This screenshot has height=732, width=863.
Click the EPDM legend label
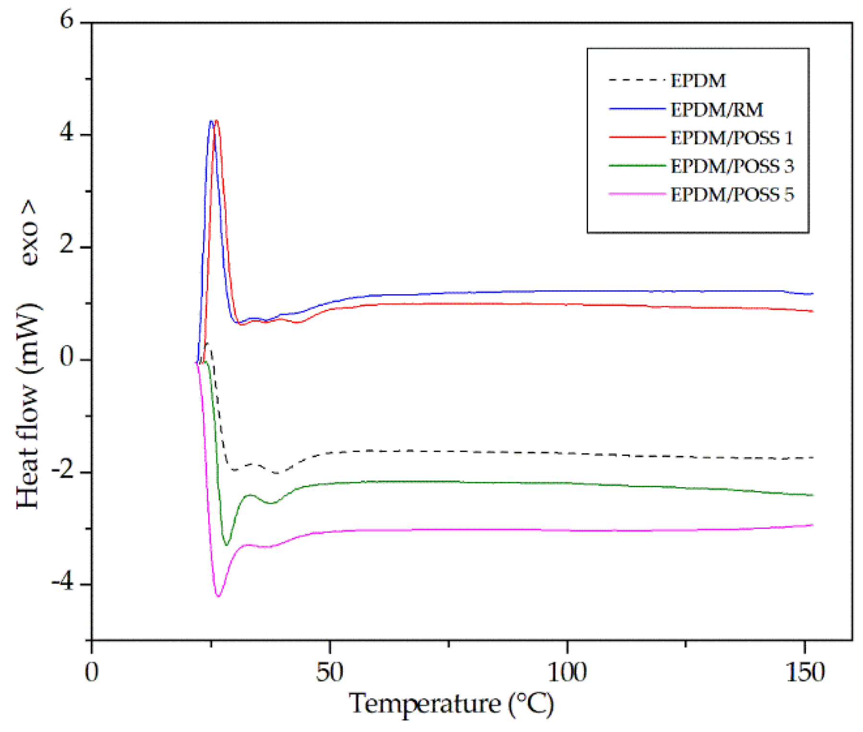point(697,81)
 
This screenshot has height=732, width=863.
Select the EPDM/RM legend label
point(716,110)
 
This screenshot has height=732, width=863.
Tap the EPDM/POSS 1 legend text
point(731,138)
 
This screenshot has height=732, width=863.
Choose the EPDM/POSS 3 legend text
point(731,167)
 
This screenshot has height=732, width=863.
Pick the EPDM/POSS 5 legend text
point(731,195)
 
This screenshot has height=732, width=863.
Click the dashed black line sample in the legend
point(637,80)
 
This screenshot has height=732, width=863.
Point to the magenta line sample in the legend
point(637,194)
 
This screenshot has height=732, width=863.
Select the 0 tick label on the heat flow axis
point(67,358)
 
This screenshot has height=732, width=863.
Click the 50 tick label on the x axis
point(329,672)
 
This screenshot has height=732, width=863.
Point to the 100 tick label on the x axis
point(567,672)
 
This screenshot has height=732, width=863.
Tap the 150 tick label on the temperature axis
point(804,672)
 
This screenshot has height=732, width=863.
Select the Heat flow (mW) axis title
point(29,406)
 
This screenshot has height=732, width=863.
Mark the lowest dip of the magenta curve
point(218,596)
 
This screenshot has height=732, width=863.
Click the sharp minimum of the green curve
point(227,544)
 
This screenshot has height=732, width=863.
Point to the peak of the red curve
point(216,120)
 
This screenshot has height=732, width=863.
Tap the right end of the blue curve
point(812,294)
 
